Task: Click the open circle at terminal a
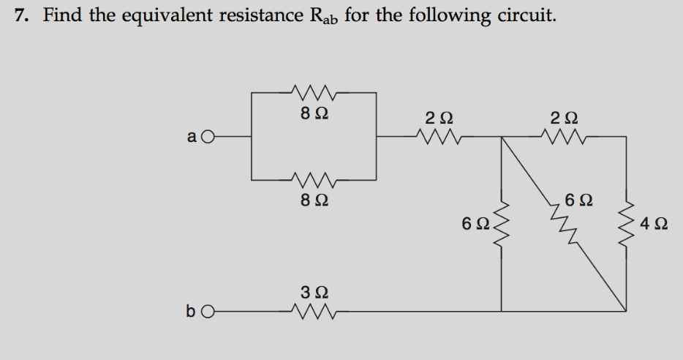point(208,136)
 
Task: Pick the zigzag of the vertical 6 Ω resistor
point(501,222)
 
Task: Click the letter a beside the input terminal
point(192,137)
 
